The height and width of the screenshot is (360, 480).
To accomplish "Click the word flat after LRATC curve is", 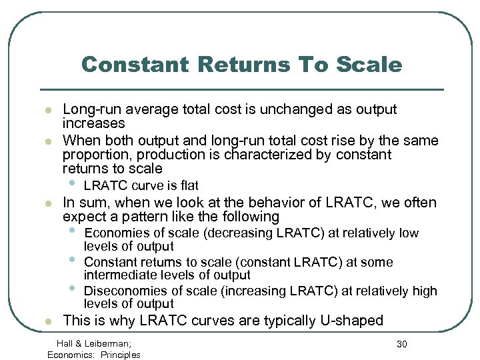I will (187, 185).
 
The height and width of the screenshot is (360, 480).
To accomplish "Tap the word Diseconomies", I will (124, 291).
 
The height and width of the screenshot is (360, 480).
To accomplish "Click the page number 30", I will (402, 343).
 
